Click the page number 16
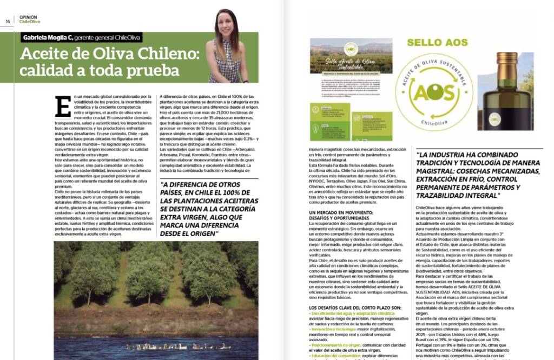pyautogui.click(x=8, y=22)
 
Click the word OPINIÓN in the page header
pyautogui.click(x=28, y=17)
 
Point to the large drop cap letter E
pyautogui.click(x=63, y=106)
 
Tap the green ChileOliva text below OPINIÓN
pyautogui.click(x=30, y=22)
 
